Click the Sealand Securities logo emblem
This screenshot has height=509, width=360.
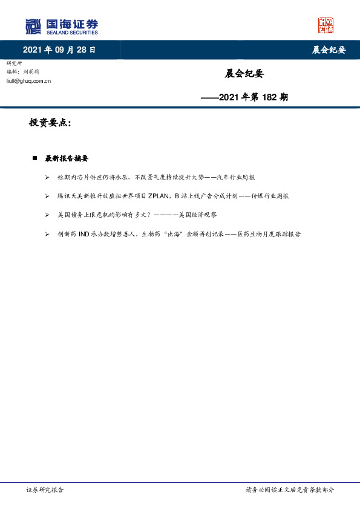click(33, 27)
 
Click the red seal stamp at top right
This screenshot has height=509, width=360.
click(326, 25)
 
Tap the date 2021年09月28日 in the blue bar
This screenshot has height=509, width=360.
click(59, 50)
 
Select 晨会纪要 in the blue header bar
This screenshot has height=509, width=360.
click(329, 50)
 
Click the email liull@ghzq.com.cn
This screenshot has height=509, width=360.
click(28, 80)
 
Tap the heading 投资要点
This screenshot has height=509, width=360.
click(50, 123)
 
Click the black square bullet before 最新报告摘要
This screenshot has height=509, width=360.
click(34, 158)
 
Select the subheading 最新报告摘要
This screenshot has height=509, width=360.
click(67, 158)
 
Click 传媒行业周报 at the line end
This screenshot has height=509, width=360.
click(270, 196)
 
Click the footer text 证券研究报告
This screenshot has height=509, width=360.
click(45, 490)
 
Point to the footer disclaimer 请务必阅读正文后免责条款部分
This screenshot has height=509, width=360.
click(289, 490)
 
